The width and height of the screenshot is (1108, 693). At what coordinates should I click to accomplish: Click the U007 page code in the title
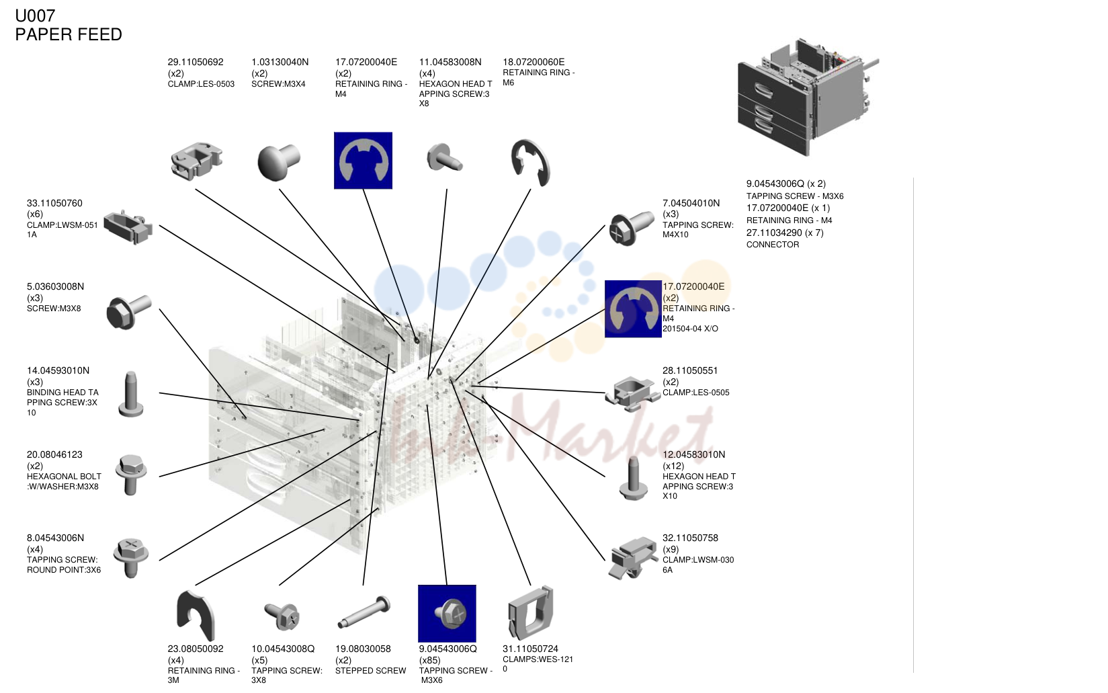[x=35, y=16]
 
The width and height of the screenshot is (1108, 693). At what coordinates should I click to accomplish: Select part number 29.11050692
[x=196, y=63]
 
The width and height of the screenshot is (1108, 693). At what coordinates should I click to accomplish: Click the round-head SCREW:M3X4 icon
[x=278, y=162]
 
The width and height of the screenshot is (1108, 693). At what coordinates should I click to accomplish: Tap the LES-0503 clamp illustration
[x=196, y=160]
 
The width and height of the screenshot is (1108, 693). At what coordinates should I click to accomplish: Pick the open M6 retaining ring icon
[x=530, y=163]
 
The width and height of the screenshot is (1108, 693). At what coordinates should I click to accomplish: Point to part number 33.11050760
[x=54, y=203]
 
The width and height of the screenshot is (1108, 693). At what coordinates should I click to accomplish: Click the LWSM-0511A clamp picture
[x=128, y=227]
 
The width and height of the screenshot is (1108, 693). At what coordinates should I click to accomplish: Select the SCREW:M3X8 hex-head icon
[x=128, y=311]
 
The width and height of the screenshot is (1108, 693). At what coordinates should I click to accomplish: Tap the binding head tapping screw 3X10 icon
[x=130, y=395]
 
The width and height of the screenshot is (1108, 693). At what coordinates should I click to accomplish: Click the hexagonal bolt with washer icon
[x=131, y=475]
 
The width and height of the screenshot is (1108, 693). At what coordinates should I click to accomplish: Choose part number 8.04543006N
[x=55, y=538]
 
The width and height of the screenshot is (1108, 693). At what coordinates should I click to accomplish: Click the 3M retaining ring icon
[x=196, y=615]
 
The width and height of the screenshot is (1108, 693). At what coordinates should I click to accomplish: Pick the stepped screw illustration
[x=364, y=612]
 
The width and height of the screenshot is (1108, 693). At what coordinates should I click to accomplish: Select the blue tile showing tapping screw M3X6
[x=447, y=614]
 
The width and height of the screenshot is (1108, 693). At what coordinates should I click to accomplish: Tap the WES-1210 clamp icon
[x=530, y=612]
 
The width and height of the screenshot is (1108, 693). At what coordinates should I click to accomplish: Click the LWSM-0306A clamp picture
[x=633, y=557]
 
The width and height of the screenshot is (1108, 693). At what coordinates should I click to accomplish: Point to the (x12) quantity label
[x=673, y=466]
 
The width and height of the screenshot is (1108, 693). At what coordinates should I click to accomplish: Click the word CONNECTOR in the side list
[x=773, y=245]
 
